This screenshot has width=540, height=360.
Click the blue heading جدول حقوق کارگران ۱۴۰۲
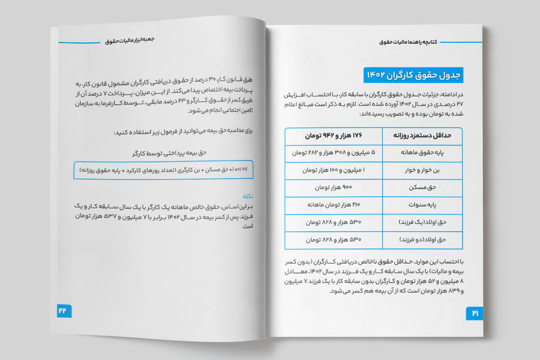point(413,75)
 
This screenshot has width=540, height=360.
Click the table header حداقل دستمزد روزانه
point(422,135)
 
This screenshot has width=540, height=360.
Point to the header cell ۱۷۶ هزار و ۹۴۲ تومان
point(333,135)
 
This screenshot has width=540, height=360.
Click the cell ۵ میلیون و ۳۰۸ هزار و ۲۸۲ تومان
point(333,153)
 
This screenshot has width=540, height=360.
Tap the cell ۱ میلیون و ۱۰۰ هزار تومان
point(333,171)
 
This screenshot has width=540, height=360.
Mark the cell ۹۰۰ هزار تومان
point(333,188)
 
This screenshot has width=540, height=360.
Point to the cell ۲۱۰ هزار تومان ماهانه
point(333,205)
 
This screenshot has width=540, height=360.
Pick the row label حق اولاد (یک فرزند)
point(422,223)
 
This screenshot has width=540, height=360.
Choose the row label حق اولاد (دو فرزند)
point(423,240)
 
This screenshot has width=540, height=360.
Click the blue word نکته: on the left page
point(247,197)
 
